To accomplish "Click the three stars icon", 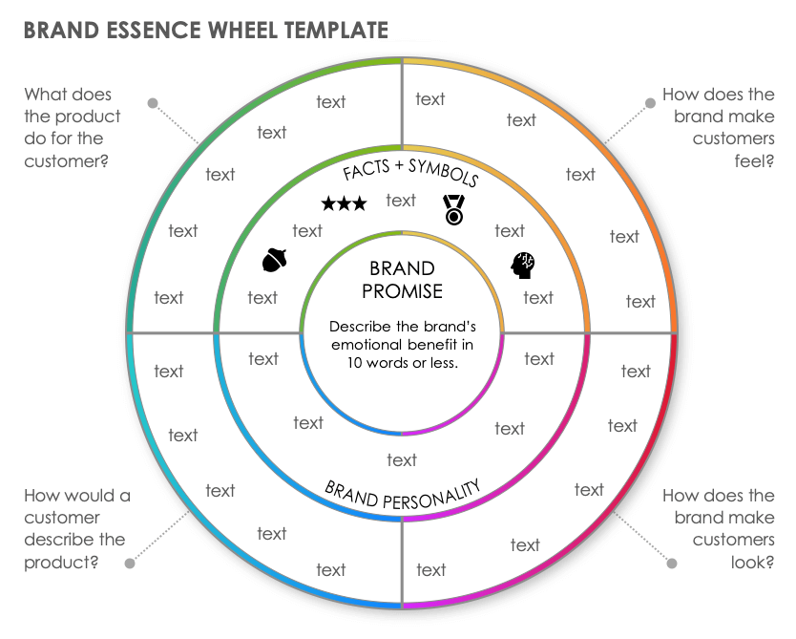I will click(x=344, y=203).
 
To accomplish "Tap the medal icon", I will click(x=454, y=209).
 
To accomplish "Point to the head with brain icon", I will click(x=522, y=265).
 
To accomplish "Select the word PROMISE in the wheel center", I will click(x=402, y=290).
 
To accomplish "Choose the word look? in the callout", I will click(x=754, y=562).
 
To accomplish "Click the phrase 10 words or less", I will click(x=402, y=362).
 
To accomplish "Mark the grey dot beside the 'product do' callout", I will click(x=152, y=102).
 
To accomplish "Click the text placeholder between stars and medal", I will click(x=401, y=200).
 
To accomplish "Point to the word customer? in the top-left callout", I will click(x=66, y=160).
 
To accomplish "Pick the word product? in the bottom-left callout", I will click(x=62, y=562).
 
